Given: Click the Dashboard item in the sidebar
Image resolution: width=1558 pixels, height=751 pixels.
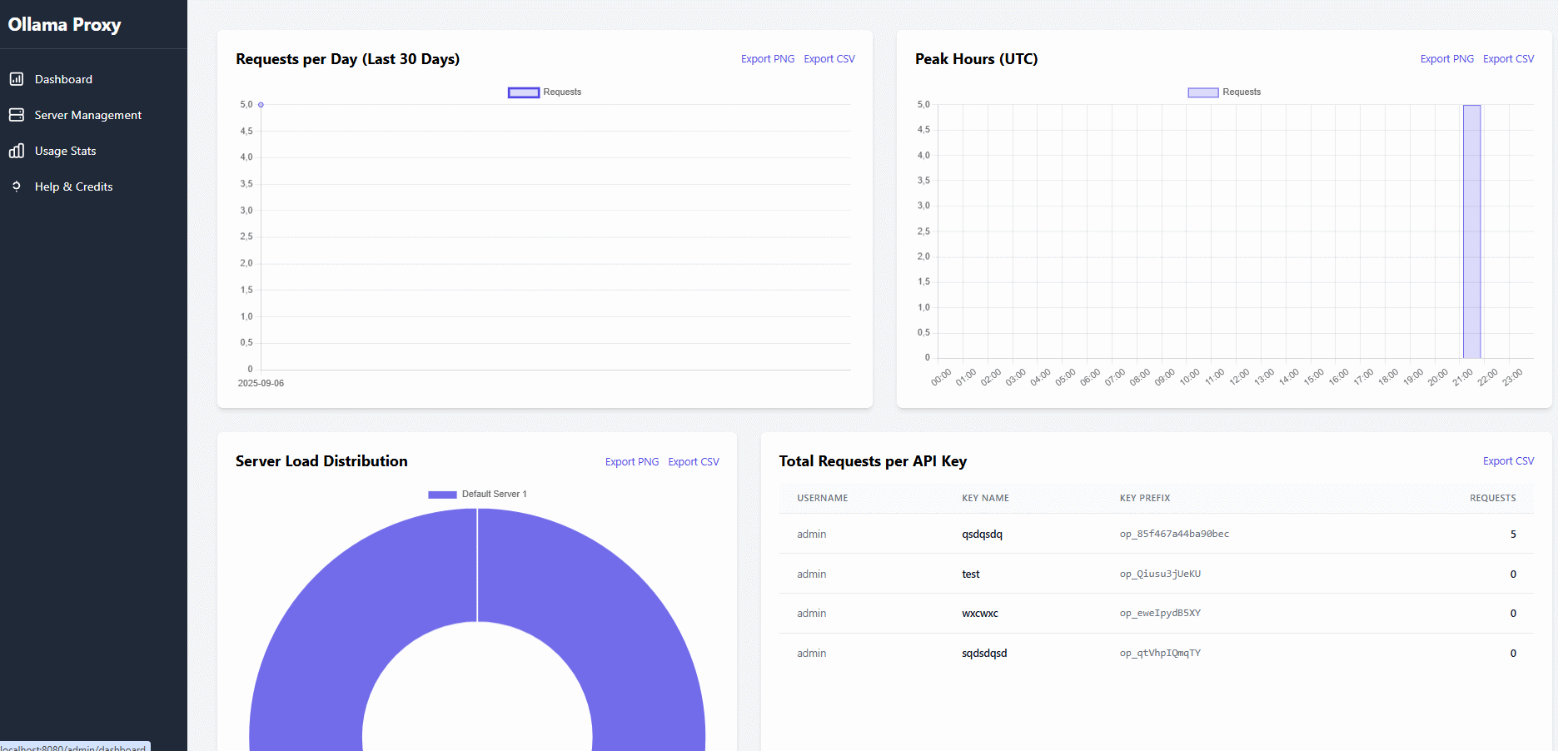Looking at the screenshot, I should point(63,79).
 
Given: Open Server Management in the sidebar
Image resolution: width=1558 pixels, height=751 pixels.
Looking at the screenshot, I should point(87,115).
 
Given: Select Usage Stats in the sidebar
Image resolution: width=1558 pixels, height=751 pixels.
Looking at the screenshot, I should point(65,151).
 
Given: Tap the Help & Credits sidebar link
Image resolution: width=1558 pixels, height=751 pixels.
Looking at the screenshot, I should point(73,187).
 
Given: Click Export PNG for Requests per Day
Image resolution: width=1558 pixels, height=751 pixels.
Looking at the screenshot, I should point(767,59).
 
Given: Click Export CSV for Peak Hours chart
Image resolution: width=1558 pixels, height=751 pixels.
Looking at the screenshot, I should point(1508,59).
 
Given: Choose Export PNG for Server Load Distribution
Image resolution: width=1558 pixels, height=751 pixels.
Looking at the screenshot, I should point(631,462).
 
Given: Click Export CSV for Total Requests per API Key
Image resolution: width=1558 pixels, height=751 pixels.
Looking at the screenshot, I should point(1508,461).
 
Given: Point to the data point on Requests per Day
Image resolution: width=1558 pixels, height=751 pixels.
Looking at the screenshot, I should point(261,105).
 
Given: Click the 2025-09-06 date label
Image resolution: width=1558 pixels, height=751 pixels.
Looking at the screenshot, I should point(261,383).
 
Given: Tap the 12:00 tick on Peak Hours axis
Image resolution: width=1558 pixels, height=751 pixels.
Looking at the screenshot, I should point(1239,376).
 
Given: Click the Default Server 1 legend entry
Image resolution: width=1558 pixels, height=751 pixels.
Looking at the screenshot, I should point(478,495).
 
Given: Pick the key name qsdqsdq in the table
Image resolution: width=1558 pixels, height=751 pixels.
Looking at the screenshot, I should point(982,535).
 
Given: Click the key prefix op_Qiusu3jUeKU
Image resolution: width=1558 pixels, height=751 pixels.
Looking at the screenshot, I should point(1160,574).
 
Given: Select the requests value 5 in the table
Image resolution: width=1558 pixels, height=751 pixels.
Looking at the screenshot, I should point(1513,535).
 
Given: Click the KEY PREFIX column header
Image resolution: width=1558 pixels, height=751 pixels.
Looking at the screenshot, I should point(1145,498).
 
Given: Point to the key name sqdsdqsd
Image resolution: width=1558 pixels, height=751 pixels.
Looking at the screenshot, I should point(984,654).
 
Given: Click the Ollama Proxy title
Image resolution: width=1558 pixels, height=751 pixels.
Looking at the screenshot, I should point(65,25).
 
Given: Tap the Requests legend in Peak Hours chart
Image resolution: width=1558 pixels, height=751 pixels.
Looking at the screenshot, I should point(1224,92).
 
